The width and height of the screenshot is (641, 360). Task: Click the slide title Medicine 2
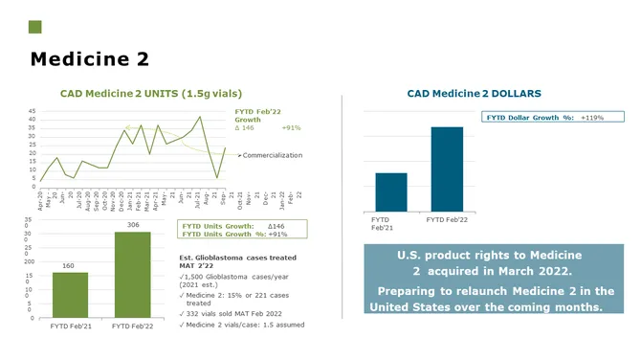tap(90, 59)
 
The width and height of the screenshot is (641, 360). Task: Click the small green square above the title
tap(35, 27)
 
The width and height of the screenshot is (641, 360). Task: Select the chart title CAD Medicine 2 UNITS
tap(151, 94)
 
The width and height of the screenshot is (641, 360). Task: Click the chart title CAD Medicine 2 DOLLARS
tap(475, 94)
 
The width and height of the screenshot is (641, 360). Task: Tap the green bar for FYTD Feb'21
tap(70, 291)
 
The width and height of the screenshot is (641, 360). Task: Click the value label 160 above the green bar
tap(69, 265)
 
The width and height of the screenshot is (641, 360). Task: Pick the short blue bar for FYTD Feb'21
tap(390, 191)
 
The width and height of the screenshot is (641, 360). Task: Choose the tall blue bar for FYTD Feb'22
tap(446, 169)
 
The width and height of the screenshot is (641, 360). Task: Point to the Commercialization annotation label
tap(273, 155)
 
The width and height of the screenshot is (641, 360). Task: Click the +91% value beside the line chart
tap(292, 127)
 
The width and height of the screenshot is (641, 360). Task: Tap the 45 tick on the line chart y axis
tap(32, 111)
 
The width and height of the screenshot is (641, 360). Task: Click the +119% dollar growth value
tap(592, 117)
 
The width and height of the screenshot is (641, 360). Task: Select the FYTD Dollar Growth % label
tap(530, 117)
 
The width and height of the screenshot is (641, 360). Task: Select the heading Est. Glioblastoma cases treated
tap(237, 258)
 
